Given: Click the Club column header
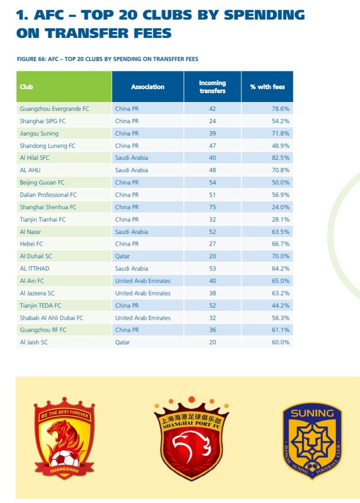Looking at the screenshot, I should [x=26, y=87].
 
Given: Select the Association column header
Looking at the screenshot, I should [x=147, y=87].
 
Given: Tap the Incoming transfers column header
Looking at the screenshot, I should [x=212, y=87].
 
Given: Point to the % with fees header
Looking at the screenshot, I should [x=267, y=87].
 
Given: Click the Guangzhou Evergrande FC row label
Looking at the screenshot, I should [x=55, y=109].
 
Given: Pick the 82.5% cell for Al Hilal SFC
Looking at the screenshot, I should [x=280, y=158].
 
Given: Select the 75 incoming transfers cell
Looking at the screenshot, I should [x=212, y=207].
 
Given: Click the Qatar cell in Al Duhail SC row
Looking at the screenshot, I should [x=123, y=256].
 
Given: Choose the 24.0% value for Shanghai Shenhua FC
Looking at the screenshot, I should [x=280, y=207].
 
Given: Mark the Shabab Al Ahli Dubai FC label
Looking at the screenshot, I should [x=51, y=318].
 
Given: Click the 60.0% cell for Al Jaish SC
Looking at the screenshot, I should [x=280, y=342].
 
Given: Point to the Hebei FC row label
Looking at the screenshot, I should [x=32, y=244].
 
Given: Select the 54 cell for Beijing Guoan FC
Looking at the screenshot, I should [x=212, y=182].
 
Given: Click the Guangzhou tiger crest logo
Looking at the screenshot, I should [x=64, y=438].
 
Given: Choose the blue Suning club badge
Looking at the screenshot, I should [x=312, y=440].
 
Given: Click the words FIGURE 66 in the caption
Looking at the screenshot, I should [x=31, y=59].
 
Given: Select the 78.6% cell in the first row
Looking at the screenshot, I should [x=280, y=109].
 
